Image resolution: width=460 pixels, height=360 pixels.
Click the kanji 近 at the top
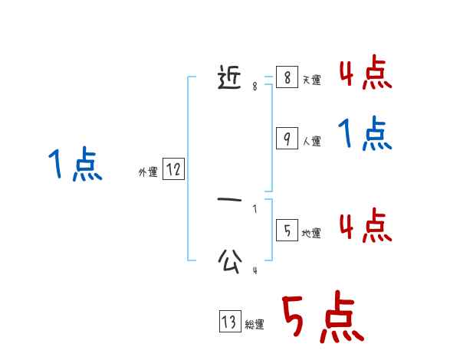tap(230, 77)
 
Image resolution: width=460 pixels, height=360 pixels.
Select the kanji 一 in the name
tap(230, 201)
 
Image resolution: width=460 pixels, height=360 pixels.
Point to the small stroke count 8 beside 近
tap(255, 87)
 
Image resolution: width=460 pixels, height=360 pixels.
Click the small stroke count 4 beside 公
tap(255, 270)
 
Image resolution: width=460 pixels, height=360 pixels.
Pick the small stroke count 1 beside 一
tap(255, 209)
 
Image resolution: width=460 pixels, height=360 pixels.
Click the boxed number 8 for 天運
tap(287, 77)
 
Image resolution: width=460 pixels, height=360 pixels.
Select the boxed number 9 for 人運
tap(287, 139)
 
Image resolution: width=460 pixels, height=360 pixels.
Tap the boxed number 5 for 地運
tap(287, 231)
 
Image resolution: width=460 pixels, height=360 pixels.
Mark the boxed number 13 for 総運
tap(229, 322)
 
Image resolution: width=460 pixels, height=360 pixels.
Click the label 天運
tap(311, 80)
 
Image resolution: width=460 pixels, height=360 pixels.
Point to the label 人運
tap(311, 141)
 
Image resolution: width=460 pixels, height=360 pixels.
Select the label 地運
tap(311, 233)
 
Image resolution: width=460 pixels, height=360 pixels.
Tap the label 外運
tap(148, 173)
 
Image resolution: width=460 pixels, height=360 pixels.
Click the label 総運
tap(254, 325)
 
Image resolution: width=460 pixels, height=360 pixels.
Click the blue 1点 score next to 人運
tap(365, 135)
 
